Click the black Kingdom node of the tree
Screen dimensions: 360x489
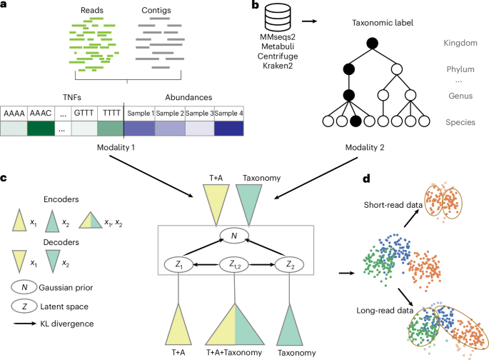(371, 44)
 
